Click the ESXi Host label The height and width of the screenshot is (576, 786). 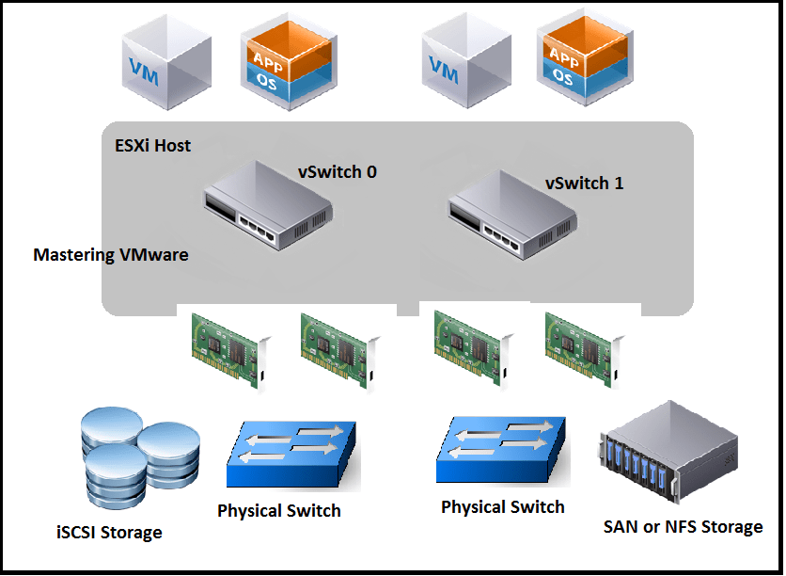tap(146, 145)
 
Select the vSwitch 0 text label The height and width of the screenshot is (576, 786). tap(338, 172)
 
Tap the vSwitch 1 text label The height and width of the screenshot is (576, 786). tap(584, 183)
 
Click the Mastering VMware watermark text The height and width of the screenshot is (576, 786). tap(111, 254)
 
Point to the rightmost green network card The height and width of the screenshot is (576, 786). tap(583, 348)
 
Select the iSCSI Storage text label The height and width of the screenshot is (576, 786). tap(109, 533)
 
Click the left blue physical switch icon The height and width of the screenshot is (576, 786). tap(292, 454)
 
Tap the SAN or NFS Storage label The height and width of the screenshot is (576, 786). tap(683, 526)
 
